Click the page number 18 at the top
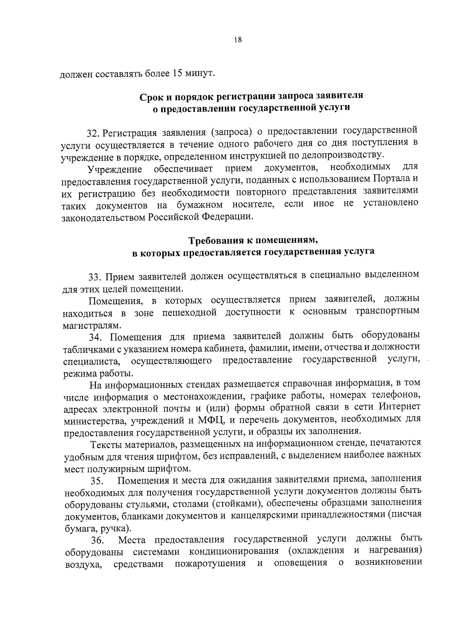click(237, 41)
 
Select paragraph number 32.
click(93, 133)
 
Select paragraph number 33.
click(94, 278)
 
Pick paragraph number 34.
click(95, 337)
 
